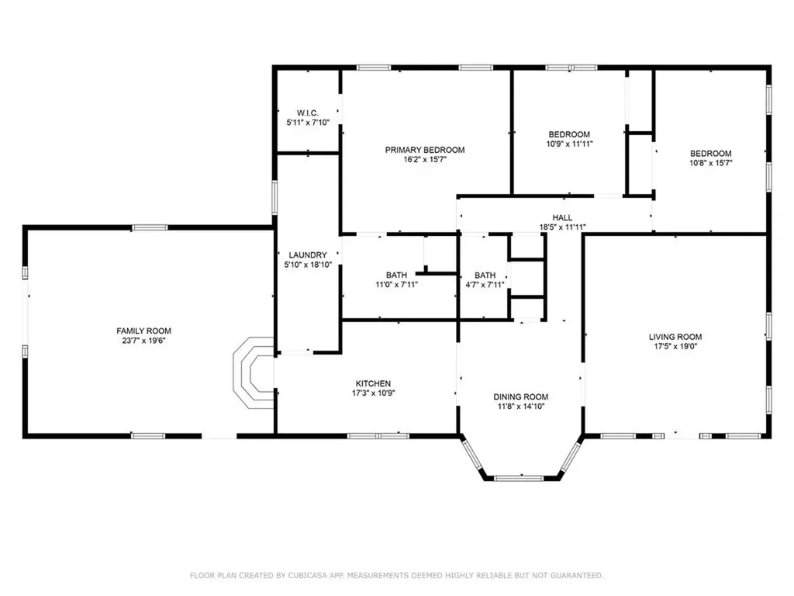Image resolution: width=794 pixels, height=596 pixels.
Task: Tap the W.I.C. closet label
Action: coord(308,113)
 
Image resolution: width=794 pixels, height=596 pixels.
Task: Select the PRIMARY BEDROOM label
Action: coord(425,150)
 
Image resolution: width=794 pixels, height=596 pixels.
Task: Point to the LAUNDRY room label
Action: coord(308,255)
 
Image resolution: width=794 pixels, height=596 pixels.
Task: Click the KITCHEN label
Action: coord(373,383)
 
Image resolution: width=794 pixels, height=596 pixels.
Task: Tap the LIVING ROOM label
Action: coord(675,337)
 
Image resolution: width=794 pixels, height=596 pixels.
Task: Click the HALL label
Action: coord(562,218)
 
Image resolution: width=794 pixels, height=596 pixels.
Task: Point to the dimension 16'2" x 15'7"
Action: coord(425,159)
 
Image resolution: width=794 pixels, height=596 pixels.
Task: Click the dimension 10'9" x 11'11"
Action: coord(570,144)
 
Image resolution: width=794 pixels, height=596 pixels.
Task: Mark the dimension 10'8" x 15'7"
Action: coord(712,163)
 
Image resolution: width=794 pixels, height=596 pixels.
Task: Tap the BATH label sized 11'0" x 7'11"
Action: coord(396,275)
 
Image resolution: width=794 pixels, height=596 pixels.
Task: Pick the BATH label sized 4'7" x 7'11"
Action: coord(485,275)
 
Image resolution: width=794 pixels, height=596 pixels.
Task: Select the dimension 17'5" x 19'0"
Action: coord(675,346)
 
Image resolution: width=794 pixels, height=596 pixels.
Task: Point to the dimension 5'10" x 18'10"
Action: coord(308,264)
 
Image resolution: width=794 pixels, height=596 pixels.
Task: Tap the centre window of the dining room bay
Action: coord(521,476)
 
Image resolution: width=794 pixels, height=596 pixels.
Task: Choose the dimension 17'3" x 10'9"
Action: coord(373,393)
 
